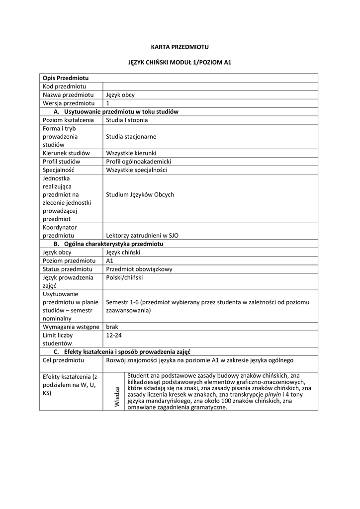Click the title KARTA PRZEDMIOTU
point(180,47)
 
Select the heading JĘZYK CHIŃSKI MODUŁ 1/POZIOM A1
point(180,63)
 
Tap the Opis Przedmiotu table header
point(66,78)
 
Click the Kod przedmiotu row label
point(65,86)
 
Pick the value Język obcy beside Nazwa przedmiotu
point(120,95)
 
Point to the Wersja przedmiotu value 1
point(108,103)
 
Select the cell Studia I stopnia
point(127,120)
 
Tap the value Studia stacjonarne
point(131,136)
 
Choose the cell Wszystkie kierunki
point(131,153)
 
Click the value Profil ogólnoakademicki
point(138,162)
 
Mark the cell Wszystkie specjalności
point(136,170)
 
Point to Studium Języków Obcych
point(140,194)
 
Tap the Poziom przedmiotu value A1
point(110,260)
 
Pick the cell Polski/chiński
point(124,277)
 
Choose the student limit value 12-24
point(114,335)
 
